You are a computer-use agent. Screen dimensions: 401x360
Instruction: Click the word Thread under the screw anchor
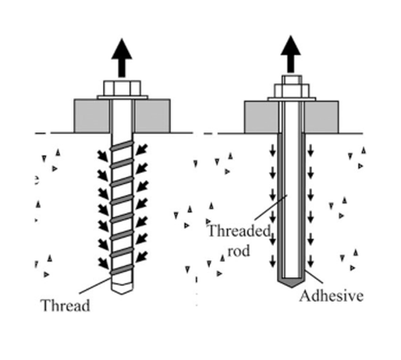click(x=66, y=305)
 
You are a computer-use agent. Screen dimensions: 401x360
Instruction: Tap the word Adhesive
click(x=332, y=295)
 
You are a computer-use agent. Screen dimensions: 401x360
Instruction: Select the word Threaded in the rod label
click(x=240, y=231)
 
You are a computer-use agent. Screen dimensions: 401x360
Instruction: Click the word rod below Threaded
click(x=239, y=251)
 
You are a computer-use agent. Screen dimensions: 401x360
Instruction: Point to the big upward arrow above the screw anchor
click(x=122, y=58)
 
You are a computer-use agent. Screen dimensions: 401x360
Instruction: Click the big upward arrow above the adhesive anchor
click(x=291, y=54)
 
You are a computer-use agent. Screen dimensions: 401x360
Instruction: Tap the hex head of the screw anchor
click(x=122, y=88)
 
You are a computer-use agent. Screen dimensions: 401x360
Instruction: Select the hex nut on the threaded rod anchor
click(x=292, y=90)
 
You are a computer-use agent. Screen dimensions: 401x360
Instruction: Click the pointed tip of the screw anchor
click(x=122, y=294)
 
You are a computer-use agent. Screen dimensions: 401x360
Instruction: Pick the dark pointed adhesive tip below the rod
click(x=292, y=283)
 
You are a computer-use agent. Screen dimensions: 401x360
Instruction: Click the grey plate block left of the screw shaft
click(x=92, y=116)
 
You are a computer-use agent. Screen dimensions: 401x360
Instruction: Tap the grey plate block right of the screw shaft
click(x=152, y=116)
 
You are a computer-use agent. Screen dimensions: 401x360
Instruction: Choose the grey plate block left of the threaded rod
click(x=261, y=117)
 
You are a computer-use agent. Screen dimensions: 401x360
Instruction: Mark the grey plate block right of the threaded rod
click(x=321, y=117)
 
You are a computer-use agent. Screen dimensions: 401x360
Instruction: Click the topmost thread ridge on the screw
click(x=122, y=146)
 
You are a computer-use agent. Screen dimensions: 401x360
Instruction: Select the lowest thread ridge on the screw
click(x=122, y=270)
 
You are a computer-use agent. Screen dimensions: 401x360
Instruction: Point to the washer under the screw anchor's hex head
click(x=122, y=97)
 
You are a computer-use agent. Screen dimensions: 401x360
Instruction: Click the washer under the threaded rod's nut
click(x=292, y=99)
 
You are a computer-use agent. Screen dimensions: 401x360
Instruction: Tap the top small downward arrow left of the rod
click(x=272, y=150)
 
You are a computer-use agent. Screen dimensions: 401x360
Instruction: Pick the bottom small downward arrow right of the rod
click(x=311, y=261)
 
